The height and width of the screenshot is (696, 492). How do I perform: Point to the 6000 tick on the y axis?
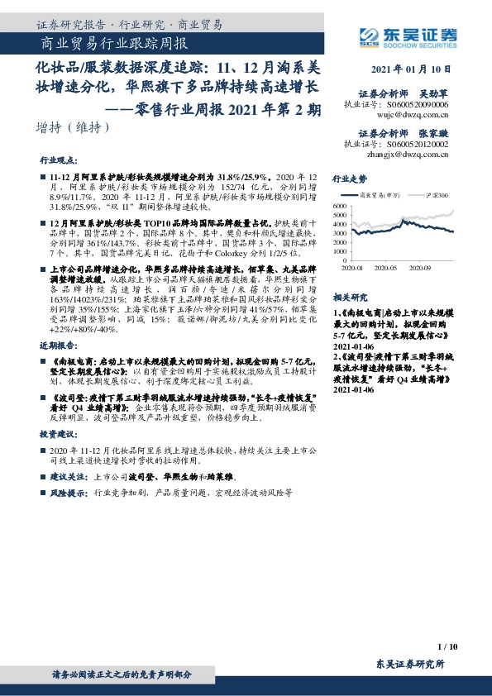340,205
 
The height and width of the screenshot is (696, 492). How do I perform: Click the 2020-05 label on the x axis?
387,268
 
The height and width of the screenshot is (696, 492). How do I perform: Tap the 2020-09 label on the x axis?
421,268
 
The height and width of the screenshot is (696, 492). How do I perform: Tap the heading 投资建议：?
56,432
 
